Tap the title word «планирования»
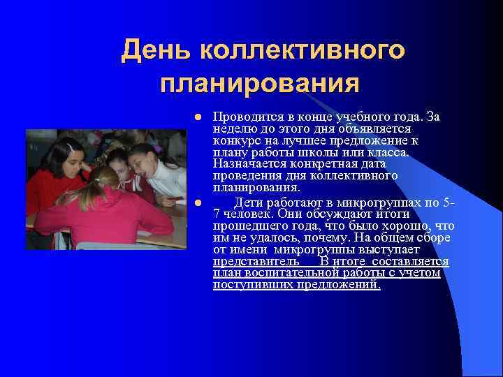point(260,84)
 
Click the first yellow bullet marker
point(198,117)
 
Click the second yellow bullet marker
point(198,203)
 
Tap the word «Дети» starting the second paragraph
point(247,203)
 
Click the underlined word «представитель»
point(247,262)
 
